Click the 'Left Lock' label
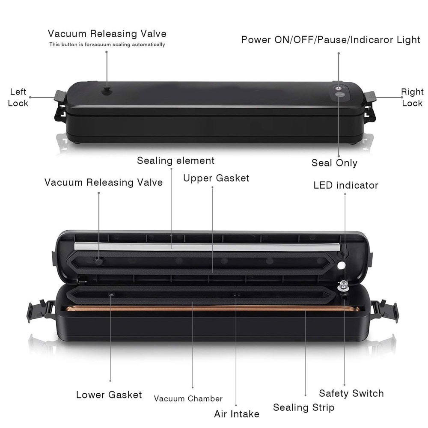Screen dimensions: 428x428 pyautogui.click(x=18, y=97)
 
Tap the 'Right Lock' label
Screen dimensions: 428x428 pyautogui.click(x=412, y=97)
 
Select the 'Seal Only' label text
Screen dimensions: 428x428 pyautogui.click(x=334, y=163)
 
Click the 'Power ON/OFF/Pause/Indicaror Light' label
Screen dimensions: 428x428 pyautogui.click(x=330, y=40)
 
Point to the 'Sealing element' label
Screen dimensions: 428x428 pyautogui.click(x=175, y=161)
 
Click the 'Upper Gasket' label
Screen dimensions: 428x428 pyautogui.click(x=216, y=178)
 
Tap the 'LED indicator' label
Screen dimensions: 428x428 pyautogui.click(x=346, y=185)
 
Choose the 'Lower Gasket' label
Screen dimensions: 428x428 pyautogui.click(x=109, y=394)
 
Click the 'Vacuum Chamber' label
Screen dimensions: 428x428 pyautogui.click(x=188, y=398)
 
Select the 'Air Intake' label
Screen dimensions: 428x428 pyautogui.click(x=237, y=414)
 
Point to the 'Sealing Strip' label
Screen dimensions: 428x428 pyautogui.click(x=303, y=407)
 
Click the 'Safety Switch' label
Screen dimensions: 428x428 pyautogui.click(x=351, y=393)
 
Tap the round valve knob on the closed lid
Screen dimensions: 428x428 pyautogui.click(x=106, y=90)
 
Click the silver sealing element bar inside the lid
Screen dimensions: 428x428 pyautogui.click(x=205, y=246)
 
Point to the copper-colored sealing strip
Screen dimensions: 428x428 pyautogui.click(x=205, y=308)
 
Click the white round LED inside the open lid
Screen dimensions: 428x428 pyautogui.click(x=341, y=265)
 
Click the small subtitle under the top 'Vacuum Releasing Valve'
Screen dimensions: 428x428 pyautogui.click(x=107, y=45)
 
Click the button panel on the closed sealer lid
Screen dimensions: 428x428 pyautogui.click(x=339, y=91)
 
